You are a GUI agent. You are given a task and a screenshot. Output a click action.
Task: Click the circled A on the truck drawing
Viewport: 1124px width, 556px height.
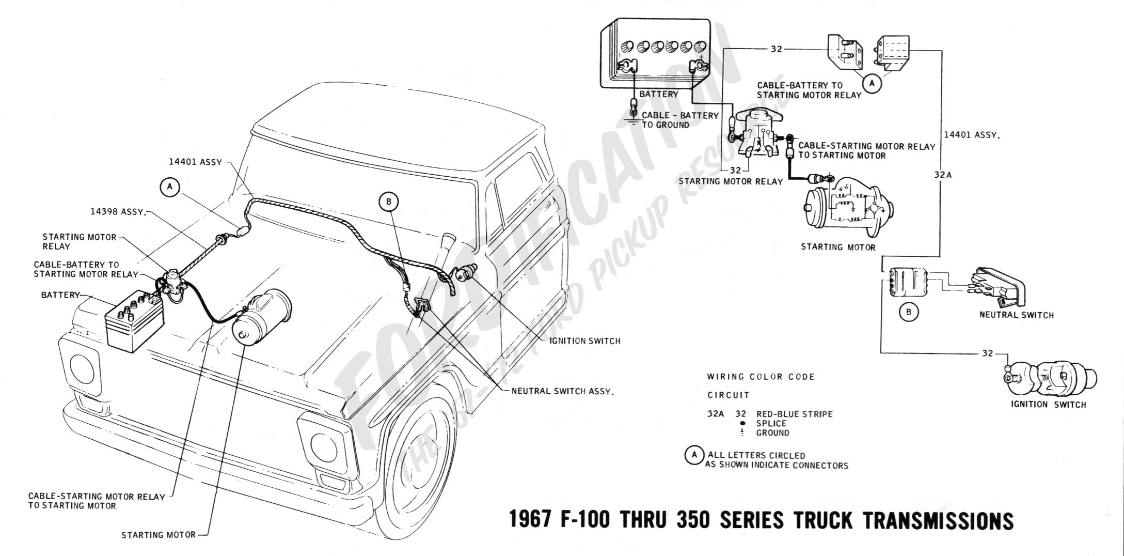(x=169, y=188)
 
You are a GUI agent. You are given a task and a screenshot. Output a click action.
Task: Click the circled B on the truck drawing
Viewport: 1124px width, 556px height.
(x=389, y=202)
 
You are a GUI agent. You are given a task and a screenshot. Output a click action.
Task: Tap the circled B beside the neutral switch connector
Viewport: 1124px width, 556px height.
(x=909, y=312)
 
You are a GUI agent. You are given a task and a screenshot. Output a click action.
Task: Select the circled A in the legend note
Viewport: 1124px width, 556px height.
(x=694, y=455)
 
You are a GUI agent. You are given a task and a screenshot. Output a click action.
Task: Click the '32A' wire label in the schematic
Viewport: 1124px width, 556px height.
(x=942, y=175)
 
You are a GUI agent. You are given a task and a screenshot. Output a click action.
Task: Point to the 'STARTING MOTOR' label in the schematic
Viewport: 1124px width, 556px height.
(x=838, y=247)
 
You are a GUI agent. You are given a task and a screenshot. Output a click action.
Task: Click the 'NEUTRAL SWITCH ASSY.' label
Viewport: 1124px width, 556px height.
(x=562, y=391)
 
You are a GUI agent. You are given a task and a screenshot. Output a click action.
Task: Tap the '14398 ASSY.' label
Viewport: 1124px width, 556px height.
(x=118, y=212)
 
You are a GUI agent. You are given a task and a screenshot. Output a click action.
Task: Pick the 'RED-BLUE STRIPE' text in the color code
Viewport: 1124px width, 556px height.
(x=794, y=414)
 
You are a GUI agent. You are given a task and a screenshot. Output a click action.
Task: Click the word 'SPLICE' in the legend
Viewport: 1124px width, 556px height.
(x=771, y=423)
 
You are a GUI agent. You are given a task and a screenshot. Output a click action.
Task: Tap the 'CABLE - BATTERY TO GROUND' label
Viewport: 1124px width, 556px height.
(x=679, y=120)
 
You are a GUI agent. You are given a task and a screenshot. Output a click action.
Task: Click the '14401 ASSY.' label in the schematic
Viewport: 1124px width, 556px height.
(x=972, y=135)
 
